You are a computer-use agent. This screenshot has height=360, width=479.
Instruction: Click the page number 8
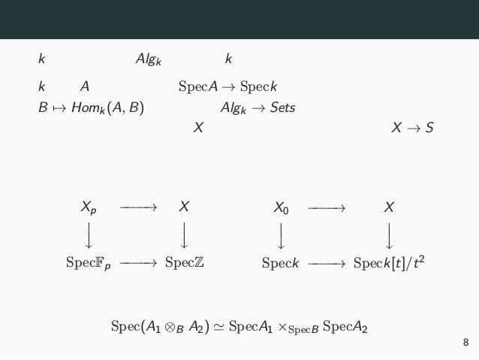pyautogui.click(x=465, y=343)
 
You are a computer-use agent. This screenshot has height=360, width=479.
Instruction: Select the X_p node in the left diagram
pyautogui.click(x=89, y=207)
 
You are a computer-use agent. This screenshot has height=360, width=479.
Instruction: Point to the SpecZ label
pyautogui.click(x=184, y=263)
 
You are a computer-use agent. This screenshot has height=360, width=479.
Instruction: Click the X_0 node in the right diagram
pyautogui.click(x=282, y=207)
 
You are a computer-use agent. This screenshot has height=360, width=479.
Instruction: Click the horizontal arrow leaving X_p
pyautogui.click(x=137, y=206)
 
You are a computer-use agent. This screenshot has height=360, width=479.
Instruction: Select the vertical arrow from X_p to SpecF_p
pyautogui.click(x=89, y=234)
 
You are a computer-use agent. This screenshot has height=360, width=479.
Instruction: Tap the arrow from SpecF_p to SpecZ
pyautogui.click(x=137, y=263)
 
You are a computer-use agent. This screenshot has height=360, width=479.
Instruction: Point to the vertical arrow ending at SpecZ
pyautogui.click(x=184, y=234)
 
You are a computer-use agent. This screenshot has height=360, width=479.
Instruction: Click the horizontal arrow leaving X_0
pyautogui.click(x=327, y=206)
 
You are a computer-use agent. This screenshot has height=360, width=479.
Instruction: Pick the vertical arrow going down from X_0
pyautogui.click(x=282, y=234)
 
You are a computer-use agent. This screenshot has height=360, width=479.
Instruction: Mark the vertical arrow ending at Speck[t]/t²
pyautogui.click(x=388, y=234)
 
